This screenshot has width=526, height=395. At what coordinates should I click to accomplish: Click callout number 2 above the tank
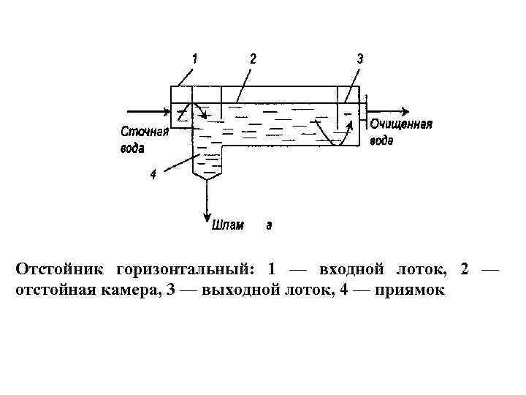[252, 57]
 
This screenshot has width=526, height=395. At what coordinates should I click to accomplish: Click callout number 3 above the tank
[359, 59]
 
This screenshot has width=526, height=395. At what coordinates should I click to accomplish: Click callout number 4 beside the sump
[153, 174]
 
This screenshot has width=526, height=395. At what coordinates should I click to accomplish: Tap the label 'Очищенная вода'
[400, 132]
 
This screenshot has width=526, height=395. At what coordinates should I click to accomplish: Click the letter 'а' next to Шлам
[269, 225]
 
